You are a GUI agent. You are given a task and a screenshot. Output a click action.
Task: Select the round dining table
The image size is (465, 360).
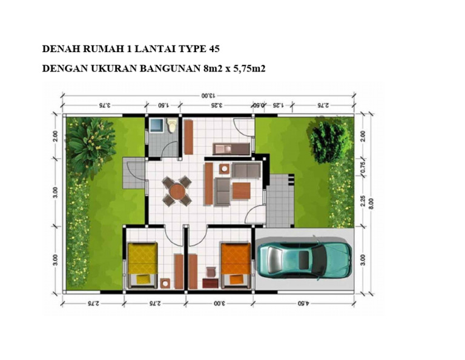177,191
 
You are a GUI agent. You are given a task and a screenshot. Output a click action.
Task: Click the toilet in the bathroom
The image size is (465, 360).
172,125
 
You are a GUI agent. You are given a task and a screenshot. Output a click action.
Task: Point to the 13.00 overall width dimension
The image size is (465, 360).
208,95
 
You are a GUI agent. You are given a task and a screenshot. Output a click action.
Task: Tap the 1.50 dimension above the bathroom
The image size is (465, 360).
163,105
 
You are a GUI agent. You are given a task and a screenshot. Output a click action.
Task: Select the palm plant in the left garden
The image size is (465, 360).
90,144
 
